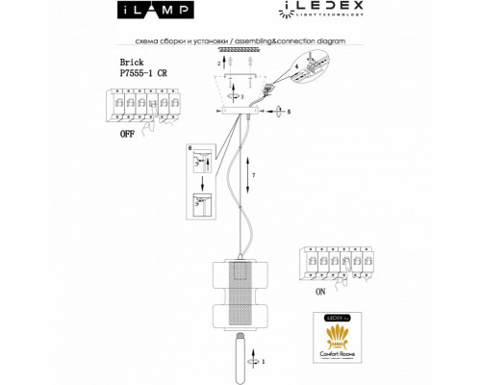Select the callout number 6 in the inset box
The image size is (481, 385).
tap(190, 148)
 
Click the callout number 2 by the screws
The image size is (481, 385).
tap(218, 62)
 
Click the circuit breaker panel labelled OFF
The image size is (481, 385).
tap(139, 106)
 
